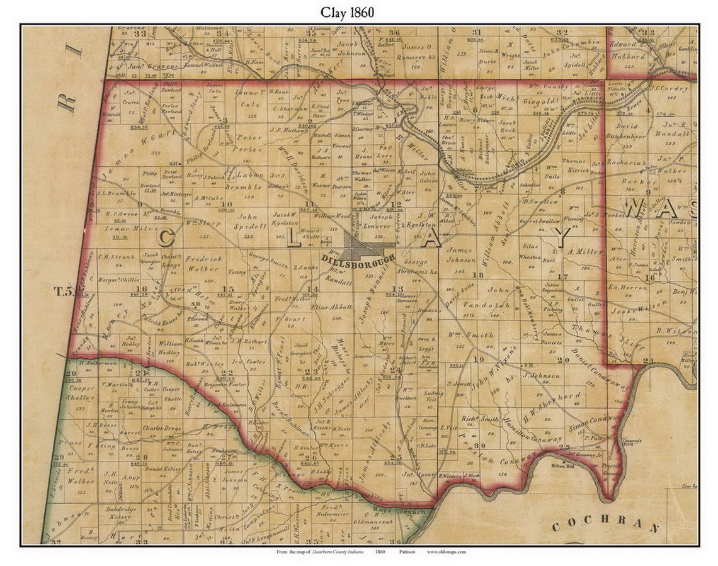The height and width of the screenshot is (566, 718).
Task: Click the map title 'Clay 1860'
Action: click(360, 12)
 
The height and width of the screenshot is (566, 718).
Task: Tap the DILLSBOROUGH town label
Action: click(357, 258)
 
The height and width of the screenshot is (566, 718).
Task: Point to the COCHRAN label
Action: click(605, 526)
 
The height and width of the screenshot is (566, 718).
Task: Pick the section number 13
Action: click(397, 288)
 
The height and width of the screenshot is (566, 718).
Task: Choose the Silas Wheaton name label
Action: click(531, 252)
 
